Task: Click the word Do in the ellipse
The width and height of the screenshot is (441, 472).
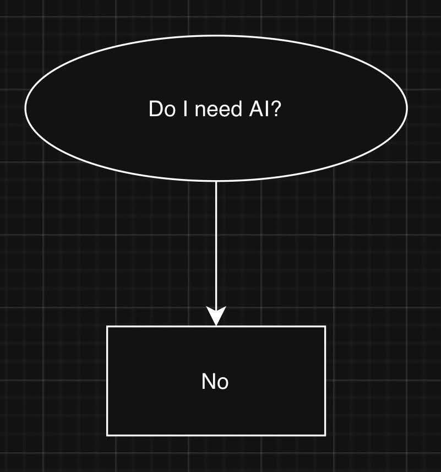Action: pos(161,109)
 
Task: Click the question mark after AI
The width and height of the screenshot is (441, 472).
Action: pos(276,109)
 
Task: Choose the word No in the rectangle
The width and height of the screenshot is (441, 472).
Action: pos(215,381)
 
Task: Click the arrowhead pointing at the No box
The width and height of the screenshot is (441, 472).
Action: pos(216,317)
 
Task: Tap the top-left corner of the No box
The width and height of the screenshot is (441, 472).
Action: pos(107,327)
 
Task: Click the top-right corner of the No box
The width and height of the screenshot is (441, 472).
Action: pos(325,327)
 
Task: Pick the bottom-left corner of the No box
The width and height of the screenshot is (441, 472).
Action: pos(107,435)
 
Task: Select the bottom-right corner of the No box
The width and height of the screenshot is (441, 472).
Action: pos(325,435)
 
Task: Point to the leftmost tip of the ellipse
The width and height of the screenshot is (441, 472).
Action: pos(25,108)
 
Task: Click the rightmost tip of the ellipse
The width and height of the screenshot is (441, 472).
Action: pos(407,108)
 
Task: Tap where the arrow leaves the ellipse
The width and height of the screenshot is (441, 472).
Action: pos(216,181)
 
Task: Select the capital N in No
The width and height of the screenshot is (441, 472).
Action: pos(209,381)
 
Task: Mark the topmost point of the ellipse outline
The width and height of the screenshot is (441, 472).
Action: pos(216,35)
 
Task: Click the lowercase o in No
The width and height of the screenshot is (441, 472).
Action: pos(222,382)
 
